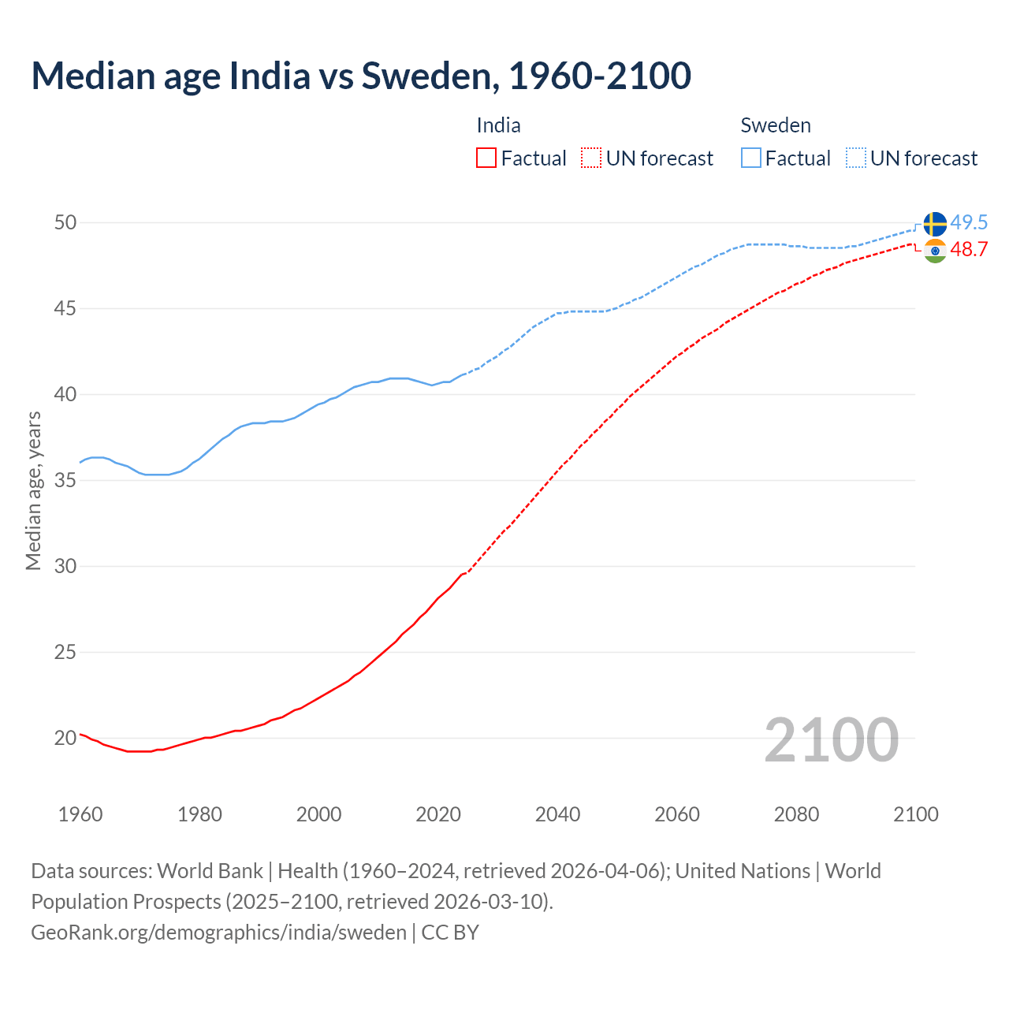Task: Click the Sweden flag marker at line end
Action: pos(935,224)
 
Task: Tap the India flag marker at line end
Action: pos(935,251)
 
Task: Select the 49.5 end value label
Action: pos(969,223)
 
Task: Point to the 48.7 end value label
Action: pos(969,250)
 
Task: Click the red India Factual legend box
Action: pos(486,158)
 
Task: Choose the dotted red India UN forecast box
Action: pos(591,158)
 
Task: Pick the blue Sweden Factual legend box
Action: pos(751,158)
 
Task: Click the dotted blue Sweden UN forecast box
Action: pos(856,158)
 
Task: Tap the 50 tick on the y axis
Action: pos(65,223)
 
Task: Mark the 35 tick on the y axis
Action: pos(65,481)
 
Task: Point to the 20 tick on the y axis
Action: pos(65,739)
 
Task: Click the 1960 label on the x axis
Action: pos(80,814)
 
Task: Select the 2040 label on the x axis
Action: pos(557,814)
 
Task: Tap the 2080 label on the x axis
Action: pos(796,814)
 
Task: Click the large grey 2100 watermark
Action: pos(831,739)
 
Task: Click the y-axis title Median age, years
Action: pos(34,490)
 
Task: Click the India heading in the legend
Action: pos(498,126)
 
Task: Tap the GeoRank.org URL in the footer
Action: pos(218,933)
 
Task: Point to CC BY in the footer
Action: pos(450,933)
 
